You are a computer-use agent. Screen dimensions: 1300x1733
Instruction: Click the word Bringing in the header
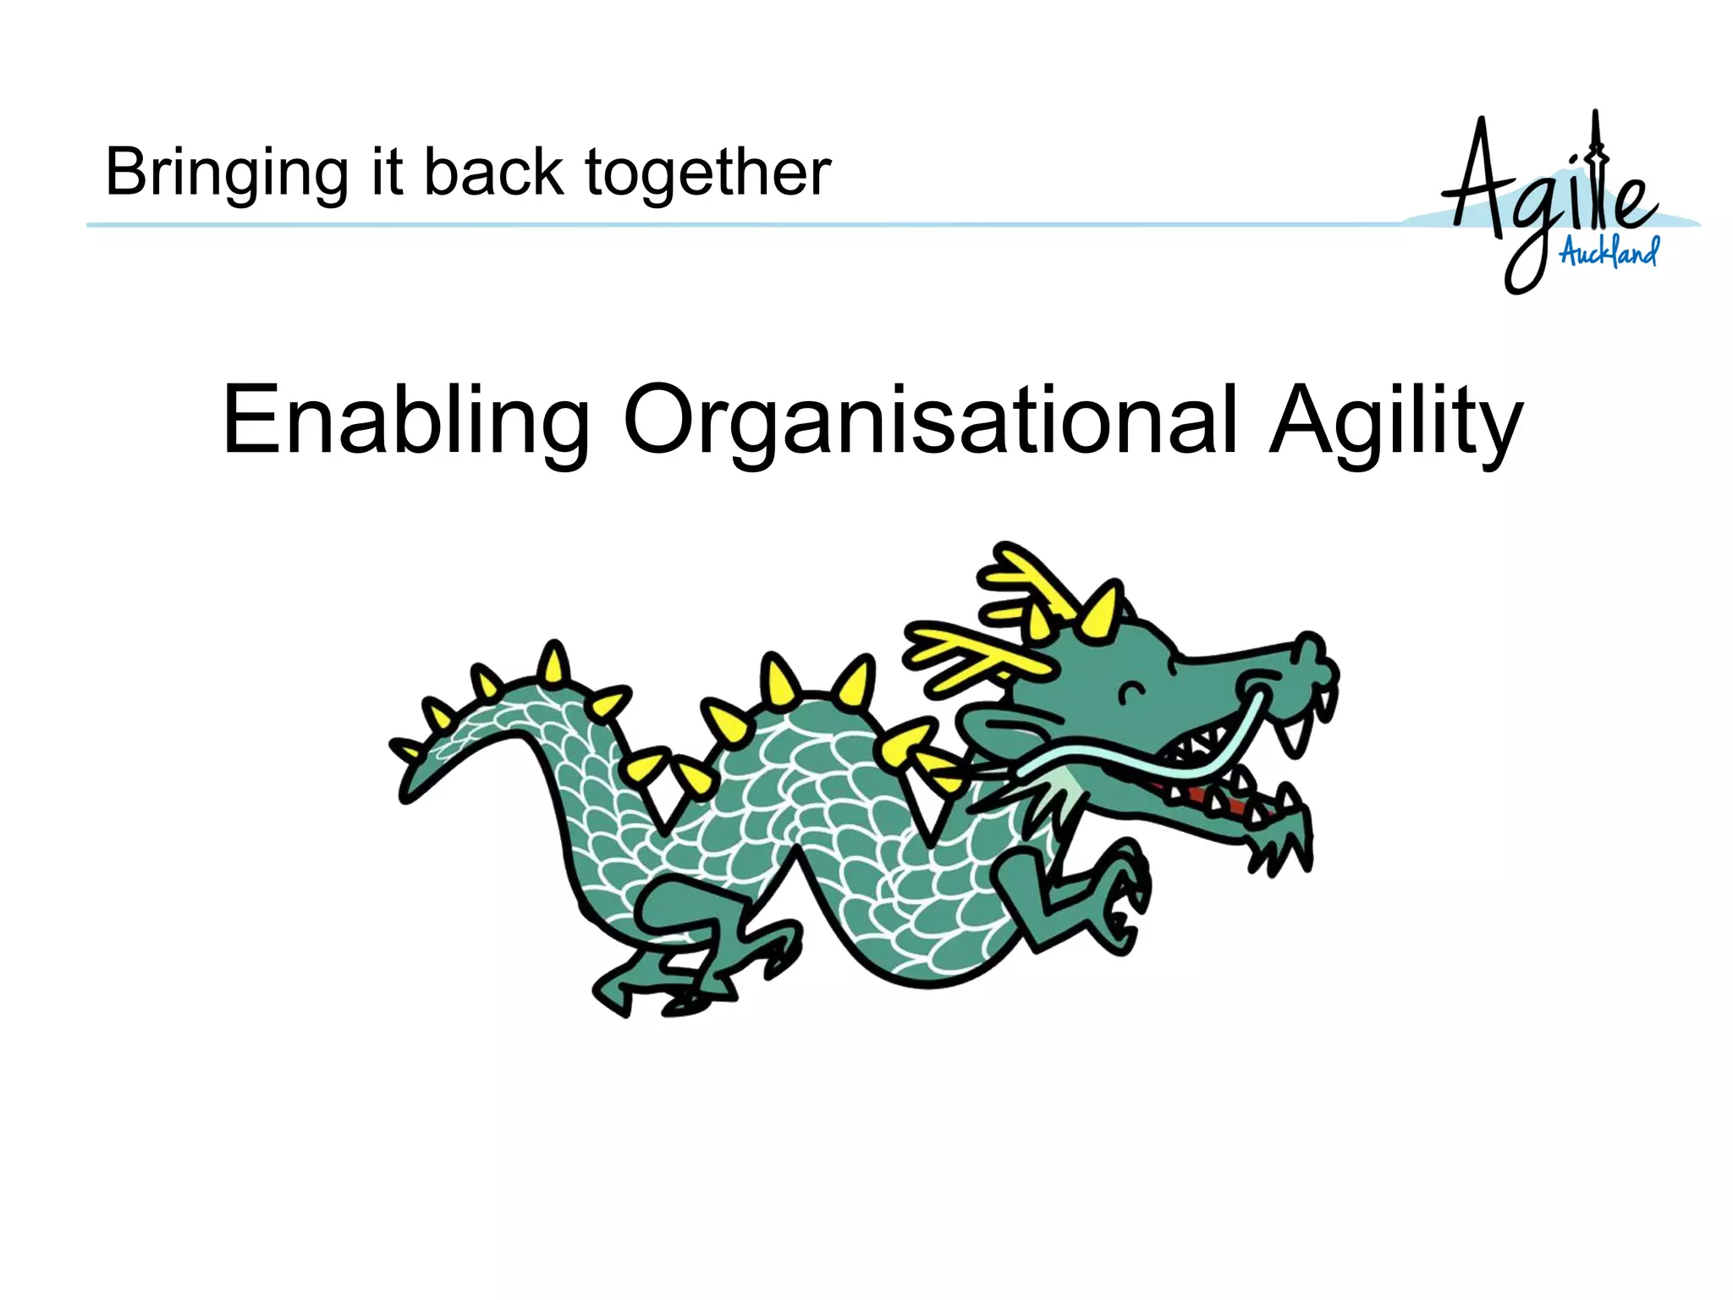[226, 174]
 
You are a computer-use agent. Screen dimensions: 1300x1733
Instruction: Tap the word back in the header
[493, 172]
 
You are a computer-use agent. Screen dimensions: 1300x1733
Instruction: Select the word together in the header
[708, 174]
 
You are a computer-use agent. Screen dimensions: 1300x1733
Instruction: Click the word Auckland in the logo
[1609, 251]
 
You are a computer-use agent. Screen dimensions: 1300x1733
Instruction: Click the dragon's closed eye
[1132, 693]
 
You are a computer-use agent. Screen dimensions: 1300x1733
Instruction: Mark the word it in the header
[386, 172]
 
